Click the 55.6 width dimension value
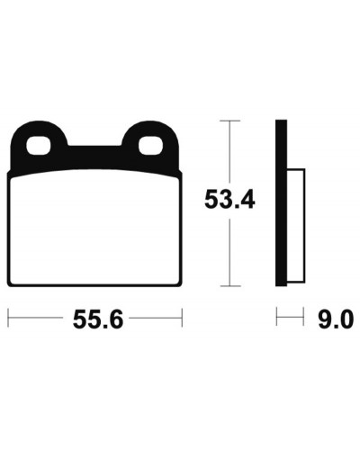[x=98, y=319]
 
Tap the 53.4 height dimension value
[x=229, y=199]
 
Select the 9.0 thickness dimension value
[x=334, y=319]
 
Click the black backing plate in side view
[x=281, y=203]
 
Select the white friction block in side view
[x=296, y=226]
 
